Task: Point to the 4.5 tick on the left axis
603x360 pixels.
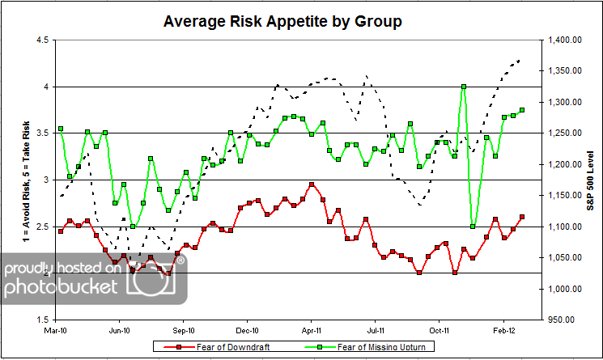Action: tap(40, 40)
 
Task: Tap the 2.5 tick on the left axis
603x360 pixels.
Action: tap(40, 227)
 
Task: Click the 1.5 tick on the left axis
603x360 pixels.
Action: tap(40, 320)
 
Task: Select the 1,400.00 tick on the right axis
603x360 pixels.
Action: tap(563, 40)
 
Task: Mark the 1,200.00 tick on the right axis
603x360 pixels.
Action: tap(563, 164)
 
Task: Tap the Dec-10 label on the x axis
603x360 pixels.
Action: tap(248, 330)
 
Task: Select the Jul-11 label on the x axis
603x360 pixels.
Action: tap(376, 330)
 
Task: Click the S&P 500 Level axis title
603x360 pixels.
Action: tap(591, 180)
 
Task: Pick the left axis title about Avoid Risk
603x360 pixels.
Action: tap(11, 180)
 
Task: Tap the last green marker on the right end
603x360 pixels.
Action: tap(522, 110)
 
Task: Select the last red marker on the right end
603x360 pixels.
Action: tap(522, 217)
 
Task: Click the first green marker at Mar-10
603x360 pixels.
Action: tap(61, 129)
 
